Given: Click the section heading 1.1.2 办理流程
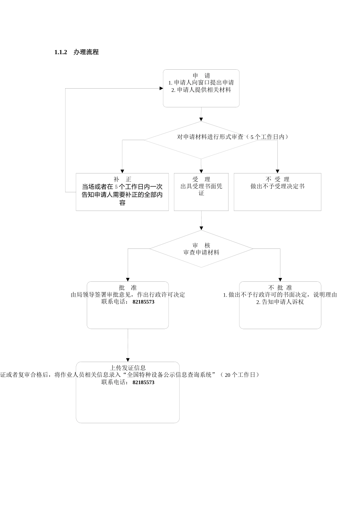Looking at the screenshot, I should point(77,52).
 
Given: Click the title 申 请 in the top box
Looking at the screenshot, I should point(201,75).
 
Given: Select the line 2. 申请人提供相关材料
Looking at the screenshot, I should point(201,90).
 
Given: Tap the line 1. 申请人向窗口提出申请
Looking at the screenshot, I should point(201,83).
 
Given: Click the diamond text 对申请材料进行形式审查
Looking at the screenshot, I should point(211,137).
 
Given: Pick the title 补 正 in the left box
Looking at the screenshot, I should point(122,179).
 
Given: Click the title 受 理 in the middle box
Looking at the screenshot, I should point(201,179).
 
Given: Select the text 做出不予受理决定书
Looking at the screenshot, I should point(277,186).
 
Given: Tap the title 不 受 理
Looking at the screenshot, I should point(277,179).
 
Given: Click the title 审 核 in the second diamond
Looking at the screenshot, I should point(201,245).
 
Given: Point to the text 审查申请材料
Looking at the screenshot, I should point(201,253).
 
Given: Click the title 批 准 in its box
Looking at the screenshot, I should point(128,287).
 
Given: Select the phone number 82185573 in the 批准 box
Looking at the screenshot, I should point(144,302).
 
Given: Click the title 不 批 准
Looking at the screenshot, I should point(280,287).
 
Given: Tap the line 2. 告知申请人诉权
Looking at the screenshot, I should point(280,302).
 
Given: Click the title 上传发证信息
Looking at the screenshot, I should point(128,367).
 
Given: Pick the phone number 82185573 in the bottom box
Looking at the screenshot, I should point(144,383).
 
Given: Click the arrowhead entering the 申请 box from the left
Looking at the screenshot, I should point(161,88).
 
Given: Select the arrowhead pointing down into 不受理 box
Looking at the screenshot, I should point(277,171).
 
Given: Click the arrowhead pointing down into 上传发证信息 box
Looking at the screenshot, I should point(128,360).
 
